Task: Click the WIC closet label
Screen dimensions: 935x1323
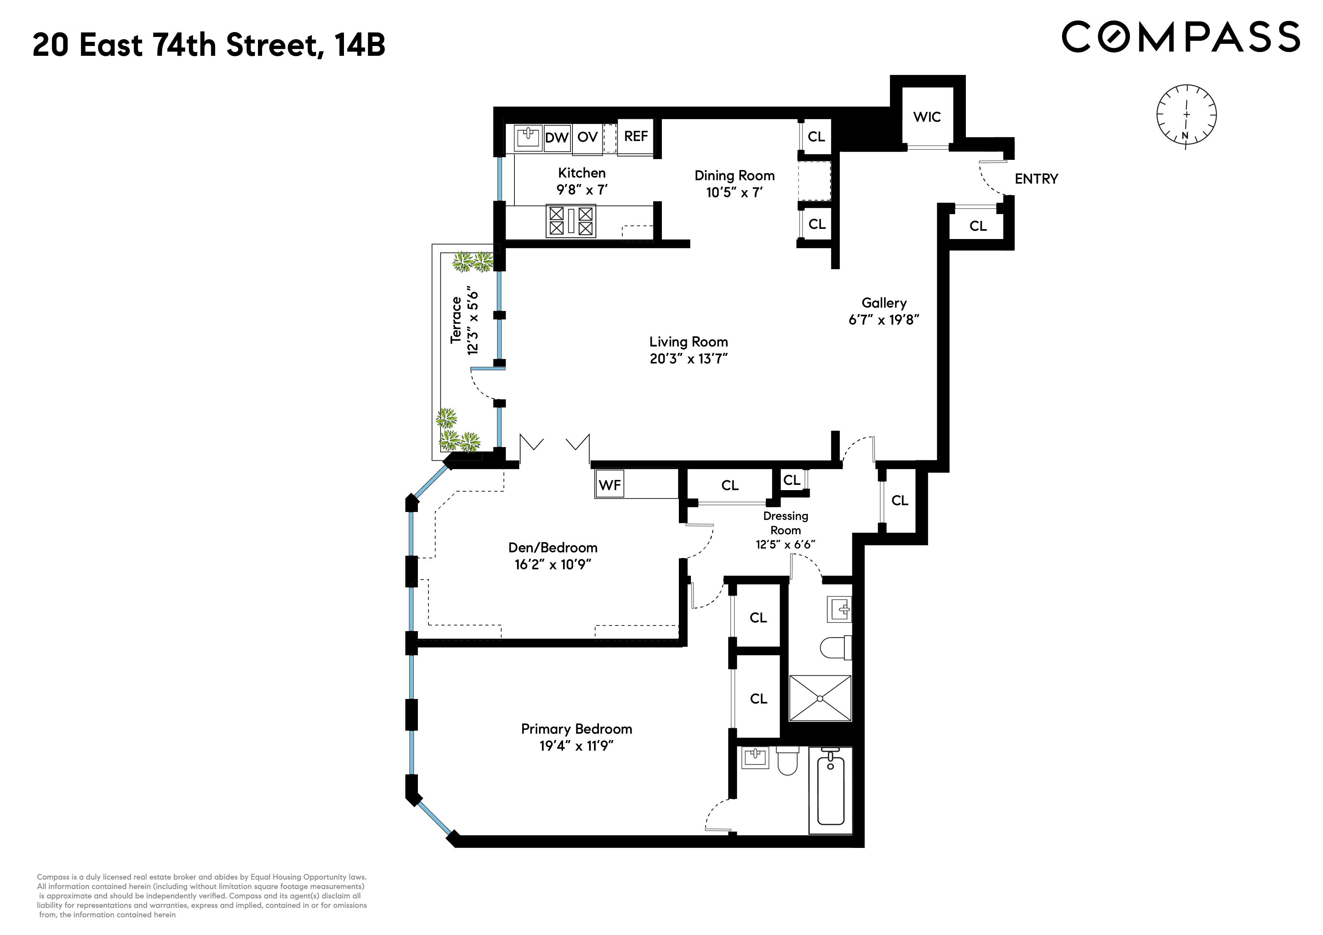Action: pos(927,117)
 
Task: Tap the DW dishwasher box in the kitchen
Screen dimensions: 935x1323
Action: pos(557,138)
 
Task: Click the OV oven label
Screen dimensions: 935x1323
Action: pos(587,137)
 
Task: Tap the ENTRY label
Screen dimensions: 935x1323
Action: pos(1036,179)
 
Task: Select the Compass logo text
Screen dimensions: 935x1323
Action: pos(1181,37)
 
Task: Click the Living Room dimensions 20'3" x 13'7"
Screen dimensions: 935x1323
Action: pos(689,359)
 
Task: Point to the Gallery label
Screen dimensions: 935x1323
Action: pos(884,303)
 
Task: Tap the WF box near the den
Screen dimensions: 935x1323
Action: pos(609,485)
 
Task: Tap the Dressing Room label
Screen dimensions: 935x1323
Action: pos(785,523)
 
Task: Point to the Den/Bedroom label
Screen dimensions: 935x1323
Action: pos(553,548)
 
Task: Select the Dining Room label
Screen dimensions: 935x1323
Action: pos(734,176)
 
